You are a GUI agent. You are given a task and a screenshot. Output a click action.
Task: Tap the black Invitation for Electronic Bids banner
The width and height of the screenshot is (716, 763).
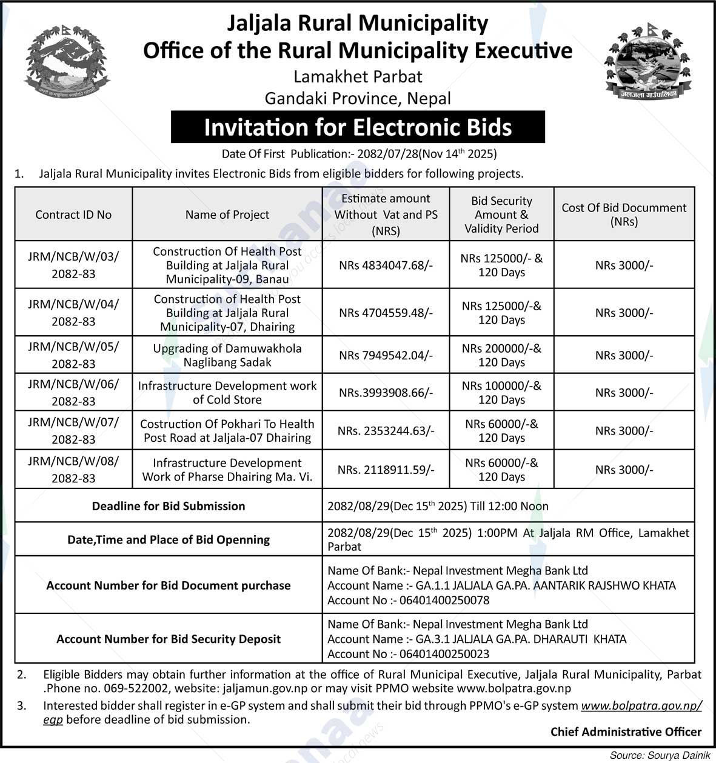point(358,127)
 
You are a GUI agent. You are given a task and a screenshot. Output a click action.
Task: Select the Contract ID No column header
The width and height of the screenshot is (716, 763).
point(73,215)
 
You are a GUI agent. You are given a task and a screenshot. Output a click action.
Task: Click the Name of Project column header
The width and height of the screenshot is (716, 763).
point(227,215)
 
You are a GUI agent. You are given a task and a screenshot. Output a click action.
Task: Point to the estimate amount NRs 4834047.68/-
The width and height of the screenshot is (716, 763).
point(386,265)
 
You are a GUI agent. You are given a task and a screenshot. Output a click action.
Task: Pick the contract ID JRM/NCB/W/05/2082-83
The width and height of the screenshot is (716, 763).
point(73,355)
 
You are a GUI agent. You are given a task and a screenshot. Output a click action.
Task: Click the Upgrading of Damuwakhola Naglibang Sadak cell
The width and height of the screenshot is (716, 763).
point(227,355)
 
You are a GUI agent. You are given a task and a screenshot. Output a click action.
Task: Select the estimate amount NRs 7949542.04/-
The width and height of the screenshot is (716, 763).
point(386,355)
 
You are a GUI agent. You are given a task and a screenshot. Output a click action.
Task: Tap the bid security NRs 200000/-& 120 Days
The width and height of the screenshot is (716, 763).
point(501,355)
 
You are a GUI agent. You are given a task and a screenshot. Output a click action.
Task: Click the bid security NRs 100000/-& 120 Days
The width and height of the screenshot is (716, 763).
point(501,393)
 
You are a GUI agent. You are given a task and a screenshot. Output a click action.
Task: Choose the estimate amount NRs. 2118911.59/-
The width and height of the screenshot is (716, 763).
point(386,470)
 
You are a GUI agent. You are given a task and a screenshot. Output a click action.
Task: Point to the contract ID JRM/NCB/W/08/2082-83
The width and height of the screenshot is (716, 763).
point(73,470)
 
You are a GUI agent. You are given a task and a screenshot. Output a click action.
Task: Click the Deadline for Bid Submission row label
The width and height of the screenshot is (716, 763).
point(169,506)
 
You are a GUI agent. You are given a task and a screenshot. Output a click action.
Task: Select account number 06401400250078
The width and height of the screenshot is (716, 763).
point(441,601)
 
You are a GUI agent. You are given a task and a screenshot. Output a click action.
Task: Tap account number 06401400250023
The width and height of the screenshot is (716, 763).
point(441,654)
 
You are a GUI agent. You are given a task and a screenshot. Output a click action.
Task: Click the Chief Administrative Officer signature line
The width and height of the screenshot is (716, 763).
point(626,732)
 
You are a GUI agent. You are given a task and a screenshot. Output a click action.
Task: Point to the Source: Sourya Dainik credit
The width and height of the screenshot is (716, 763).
point(660,755)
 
